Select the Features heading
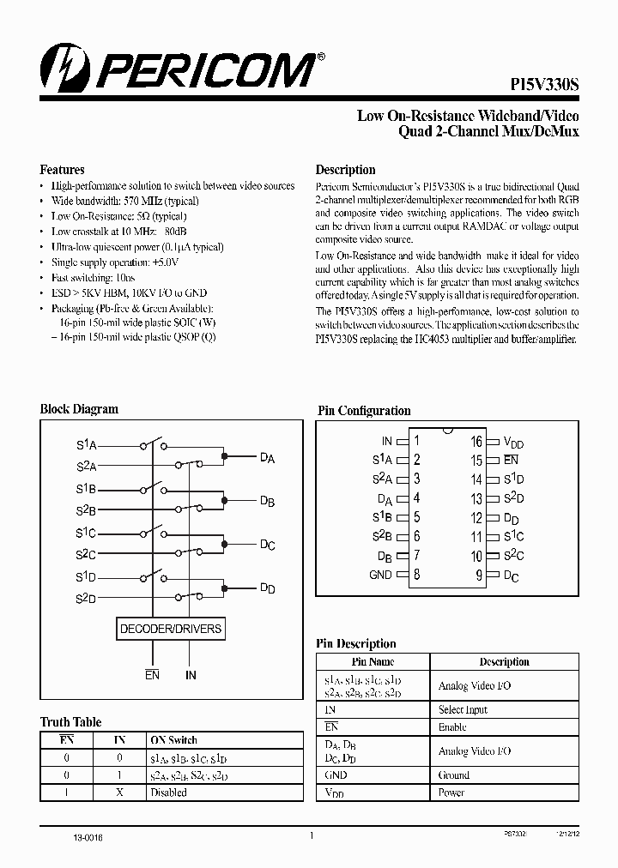tap(63, 170)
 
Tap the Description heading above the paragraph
tap(345, 170)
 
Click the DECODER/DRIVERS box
tap(171, 629)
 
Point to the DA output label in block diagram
tap(267, 459)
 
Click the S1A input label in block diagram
tap(87, 446)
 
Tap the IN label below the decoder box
tap(191, 675)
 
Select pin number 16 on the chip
tap(476, 442)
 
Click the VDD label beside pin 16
tap(513, 443)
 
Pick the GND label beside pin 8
tap(380, 575)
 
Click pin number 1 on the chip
tap(417, 441)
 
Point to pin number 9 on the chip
tap(479, 576)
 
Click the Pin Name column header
tap(373, 662)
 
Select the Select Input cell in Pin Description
tap(463, 710)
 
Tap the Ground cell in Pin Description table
tap(454, 775)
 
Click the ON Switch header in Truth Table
tap(173, 739)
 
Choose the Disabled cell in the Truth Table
tap(168, 792)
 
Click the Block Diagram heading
tap(79, 410)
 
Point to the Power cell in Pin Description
tap(451, 792)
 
